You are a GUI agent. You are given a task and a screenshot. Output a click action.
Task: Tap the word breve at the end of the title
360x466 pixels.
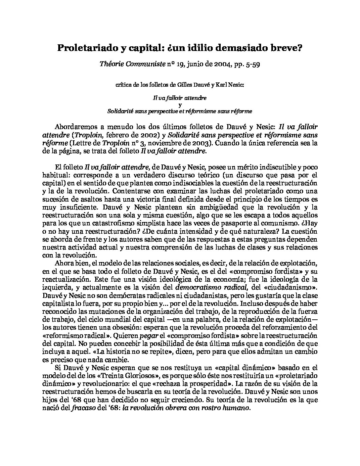coord(288,48)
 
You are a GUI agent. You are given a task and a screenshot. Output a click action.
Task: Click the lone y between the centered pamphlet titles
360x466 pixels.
coord(180,105)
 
